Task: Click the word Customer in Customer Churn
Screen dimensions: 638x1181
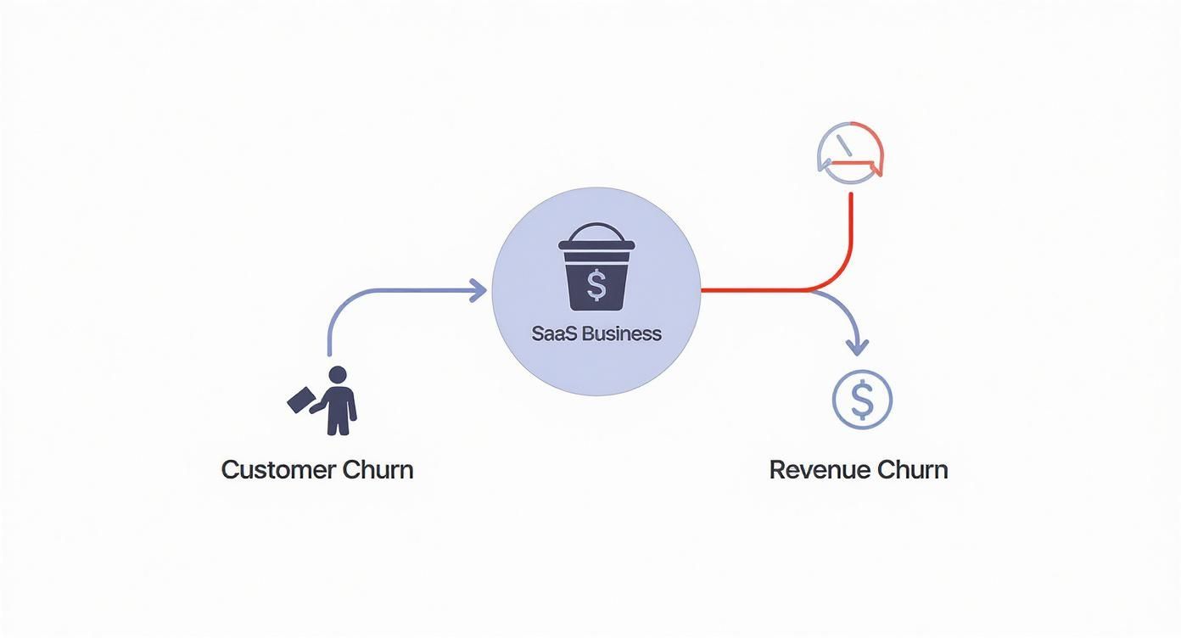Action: (278, 469)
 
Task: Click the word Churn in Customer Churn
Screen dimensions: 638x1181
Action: (378, 469)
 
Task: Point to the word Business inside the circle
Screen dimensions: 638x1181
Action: (622, 333)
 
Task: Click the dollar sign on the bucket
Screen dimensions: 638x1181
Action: (596, 285)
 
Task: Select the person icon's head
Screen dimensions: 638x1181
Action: (338, 375)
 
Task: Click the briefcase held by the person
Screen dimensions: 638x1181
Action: (300, 400)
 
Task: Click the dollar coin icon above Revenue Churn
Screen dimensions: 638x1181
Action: (862, 400)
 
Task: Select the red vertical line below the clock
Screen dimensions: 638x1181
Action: (851, 229)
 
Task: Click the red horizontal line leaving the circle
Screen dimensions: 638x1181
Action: (755, 290)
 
